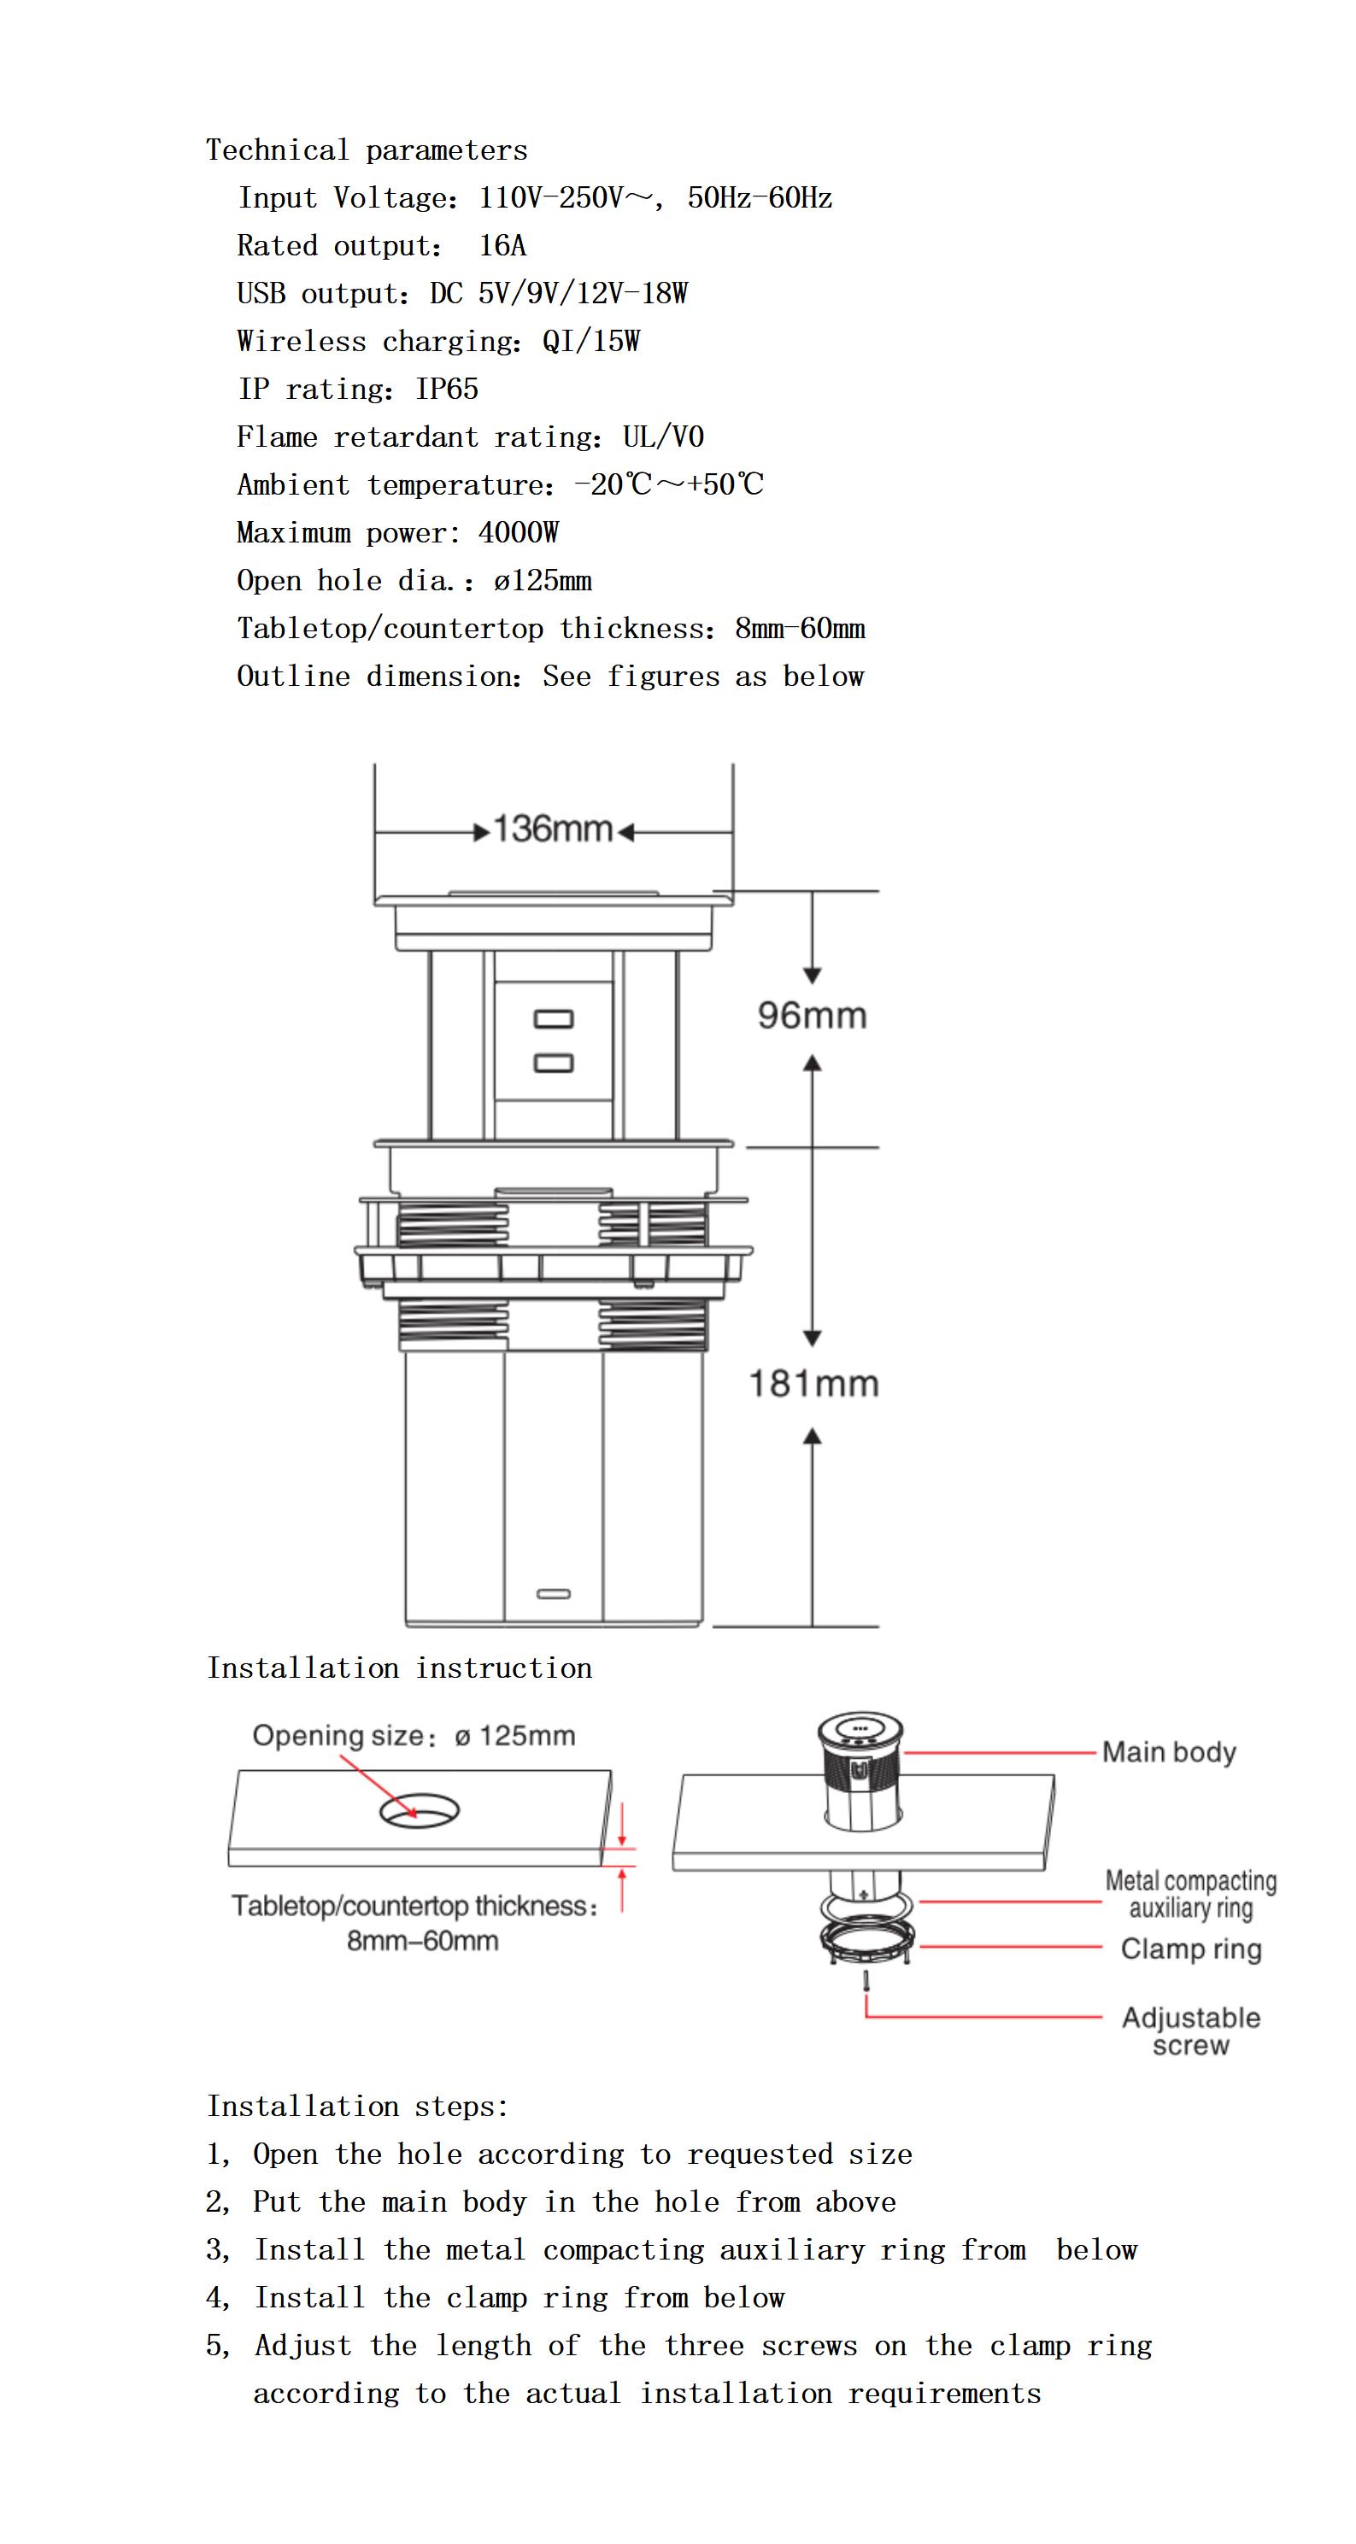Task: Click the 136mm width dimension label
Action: coord(552,829)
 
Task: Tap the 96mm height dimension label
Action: coord(812,1015)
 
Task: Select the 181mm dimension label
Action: coord(813,1384)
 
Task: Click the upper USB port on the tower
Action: coord(553,1018)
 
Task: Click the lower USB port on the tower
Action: coord(553,1063)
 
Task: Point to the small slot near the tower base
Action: coord(553,1594)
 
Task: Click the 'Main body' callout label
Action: coord(1168,1752)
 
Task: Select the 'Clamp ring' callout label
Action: coord(1190,1949)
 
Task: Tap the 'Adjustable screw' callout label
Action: coord(1190,2031)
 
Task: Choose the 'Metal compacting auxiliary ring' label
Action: coord(1190,1894)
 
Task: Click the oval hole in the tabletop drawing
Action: coord(420,1810)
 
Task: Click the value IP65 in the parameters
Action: coord(446,389)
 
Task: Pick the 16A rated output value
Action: coord(502,246)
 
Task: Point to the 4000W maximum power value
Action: coord(518,533)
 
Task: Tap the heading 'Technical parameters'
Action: coord(367,150)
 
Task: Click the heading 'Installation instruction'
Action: coord(399,1668)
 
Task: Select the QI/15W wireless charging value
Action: coord(590,342)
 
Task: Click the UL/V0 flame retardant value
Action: coord(663,437)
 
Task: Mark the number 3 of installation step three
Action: coord(215,2249)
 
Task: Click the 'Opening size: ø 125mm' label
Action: coord(414,1735)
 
